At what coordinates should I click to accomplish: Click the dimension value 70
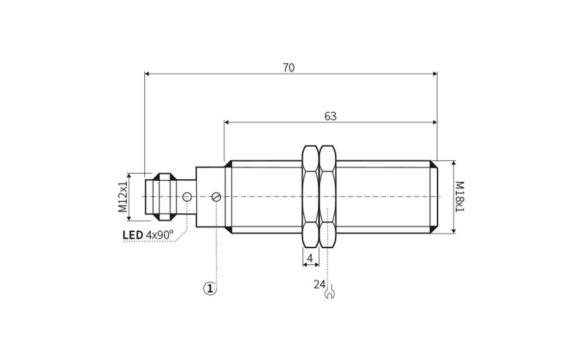click(289, 68)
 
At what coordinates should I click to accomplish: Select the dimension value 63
click(330, 117)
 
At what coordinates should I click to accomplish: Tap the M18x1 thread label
click(460, 197)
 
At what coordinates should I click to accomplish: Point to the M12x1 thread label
click(122, 197)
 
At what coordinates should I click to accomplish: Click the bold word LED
click(133, 236)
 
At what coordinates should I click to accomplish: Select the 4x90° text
click(159, 236)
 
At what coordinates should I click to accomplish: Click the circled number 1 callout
click(209, 289)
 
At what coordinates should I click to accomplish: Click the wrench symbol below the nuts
click(329, 293)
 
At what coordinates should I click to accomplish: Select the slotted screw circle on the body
click(217, 197)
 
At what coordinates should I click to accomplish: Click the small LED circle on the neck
click(187, 197)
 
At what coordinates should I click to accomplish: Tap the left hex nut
click(310, 197)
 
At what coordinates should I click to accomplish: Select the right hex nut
click(328, 197)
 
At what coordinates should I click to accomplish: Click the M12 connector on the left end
click(160, 197)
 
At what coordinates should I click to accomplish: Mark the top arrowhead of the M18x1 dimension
click(453, 164)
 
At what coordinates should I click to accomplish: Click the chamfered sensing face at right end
click(433, 197)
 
